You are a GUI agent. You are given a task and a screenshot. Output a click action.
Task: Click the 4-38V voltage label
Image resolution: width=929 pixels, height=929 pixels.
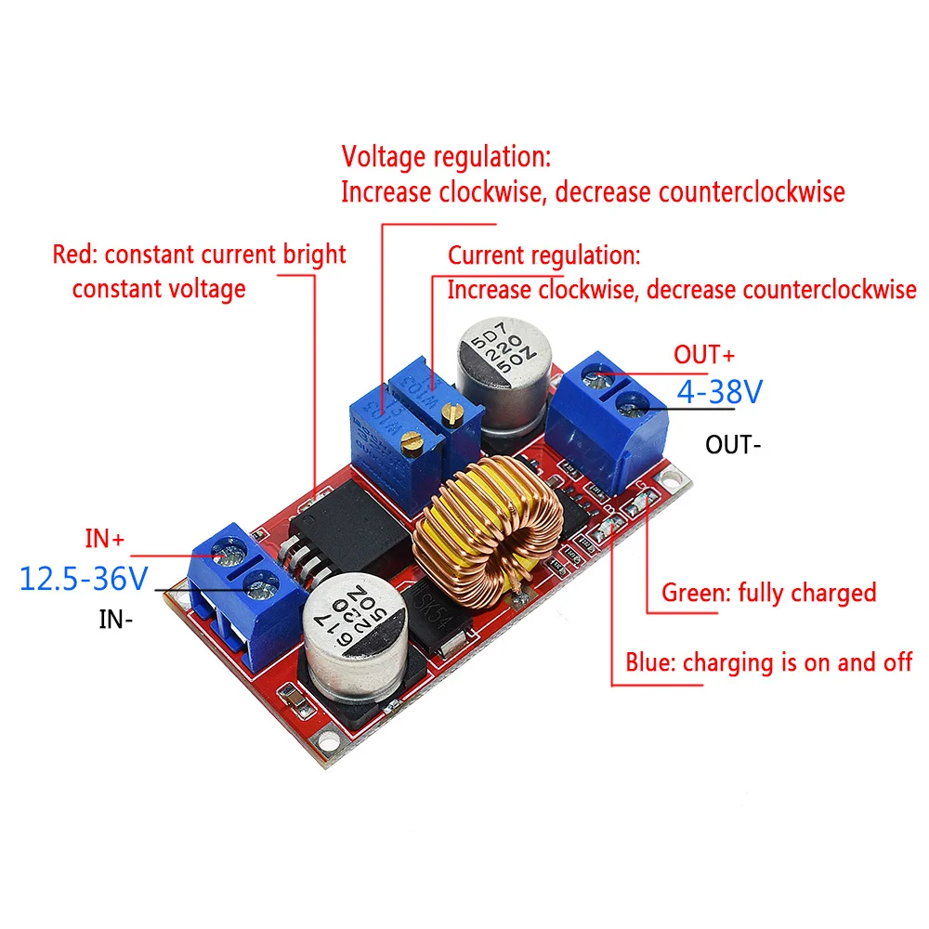click(x=719, y=391)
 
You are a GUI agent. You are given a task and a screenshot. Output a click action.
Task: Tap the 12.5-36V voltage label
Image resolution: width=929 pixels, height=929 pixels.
click(x=84, y=579)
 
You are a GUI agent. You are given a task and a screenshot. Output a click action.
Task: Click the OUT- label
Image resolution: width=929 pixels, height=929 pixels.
click(x=733, y=444)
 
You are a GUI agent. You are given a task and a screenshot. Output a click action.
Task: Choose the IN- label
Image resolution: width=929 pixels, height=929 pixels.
click(x=116, y=619)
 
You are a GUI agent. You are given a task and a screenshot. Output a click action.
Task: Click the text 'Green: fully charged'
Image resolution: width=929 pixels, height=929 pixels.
click(x=768, y=592)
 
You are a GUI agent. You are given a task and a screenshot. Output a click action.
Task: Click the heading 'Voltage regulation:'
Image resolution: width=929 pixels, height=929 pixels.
click(x=446, y=154)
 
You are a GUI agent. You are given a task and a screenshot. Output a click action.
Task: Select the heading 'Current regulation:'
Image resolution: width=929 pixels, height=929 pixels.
click(x=544, y=255)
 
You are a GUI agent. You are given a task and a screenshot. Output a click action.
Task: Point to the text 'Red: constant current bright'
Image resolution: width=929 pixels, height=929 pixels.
click(x=199, y=254)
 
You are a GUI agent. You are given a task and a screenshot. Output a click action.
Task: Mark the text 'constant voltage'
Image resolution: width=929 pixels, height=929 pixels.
click(x=159, y=288)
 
